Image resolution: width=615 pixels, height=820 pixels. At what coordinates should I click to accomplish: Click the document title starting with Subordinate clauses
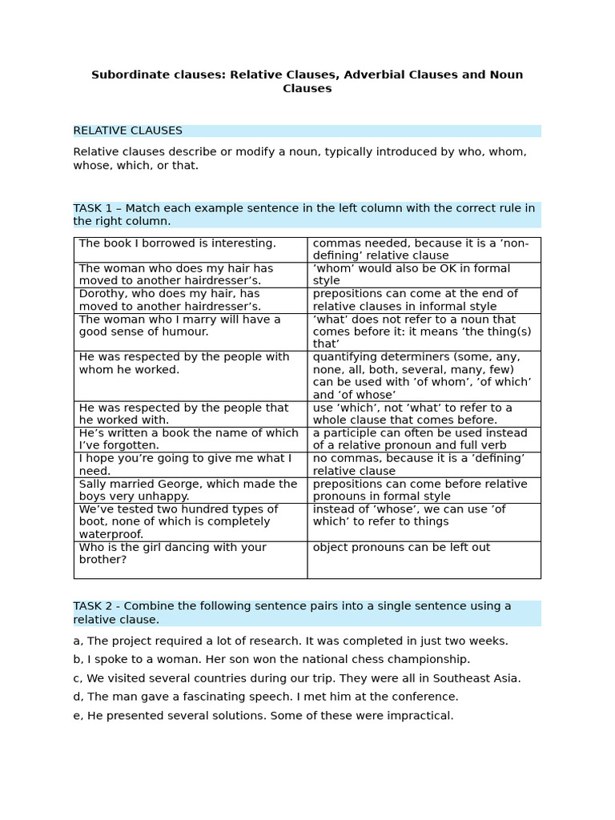pyautogui.click(x=307, y=82)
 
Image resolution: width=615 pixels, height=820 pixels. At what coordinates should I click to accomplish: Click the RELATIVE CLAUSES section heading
pyautogui.click(x=128, y=131)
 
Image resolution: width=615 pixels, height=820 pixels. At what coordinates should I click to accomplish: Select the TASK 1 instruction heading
pyautogui.click(x=304, y=215)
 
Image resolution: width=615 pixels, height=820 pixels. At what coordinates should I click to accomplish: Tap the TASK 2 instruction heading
pyautogui.click(x=292, y=613)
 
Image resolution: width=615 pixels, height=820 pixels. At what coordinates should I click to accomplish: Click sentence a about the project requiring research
pyautogui.click(x=291, y=641)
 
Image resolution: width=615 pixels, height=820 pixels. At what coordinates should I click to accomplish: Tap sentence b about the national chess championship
pyautogui.click(x=271, y=659)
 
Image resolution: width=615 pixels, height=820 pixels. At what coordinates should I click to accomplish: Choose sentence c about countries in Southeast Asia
pyautogui.click(x=297, y=678)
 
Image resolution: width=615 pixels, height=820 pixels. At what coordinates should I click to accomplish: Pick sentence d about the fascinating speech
pyautogui.click(x=266, y=697)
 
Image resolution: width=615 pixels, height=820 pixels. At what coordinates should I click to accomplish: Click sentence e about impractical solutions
pyautogui.click(x=263, y=716)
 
